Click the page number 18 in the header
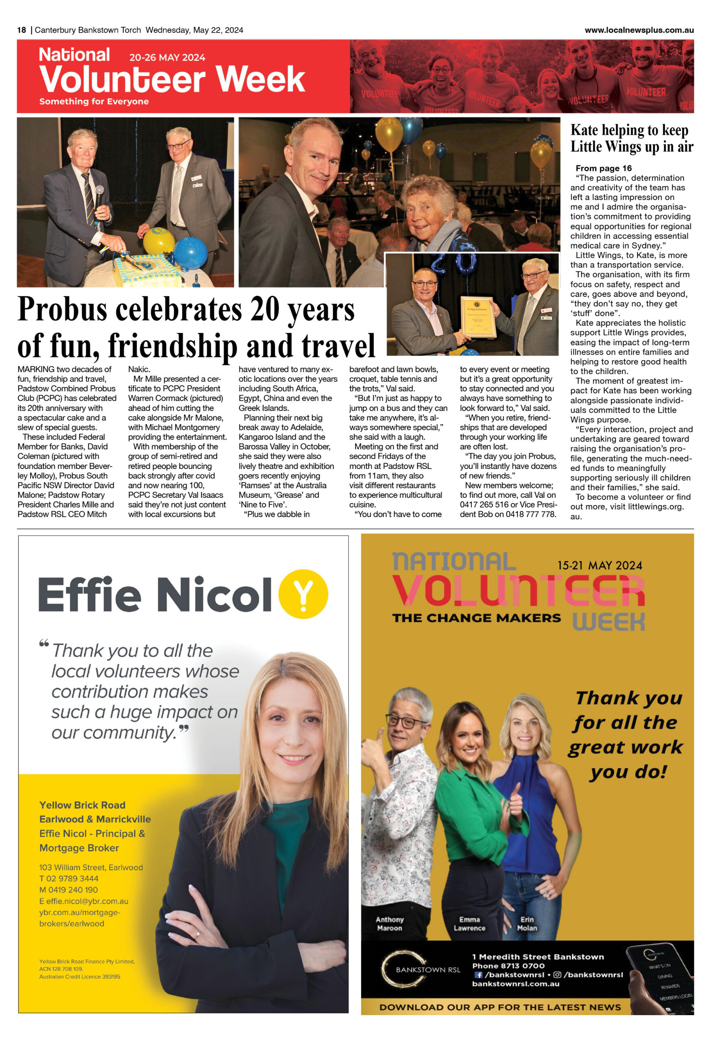tap(22, 30)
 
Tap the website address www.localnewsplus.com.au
tap(639, 30)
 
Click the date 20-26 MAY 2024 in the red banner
tap(167, 57)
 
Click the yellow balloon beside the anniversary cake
tap(158, 241)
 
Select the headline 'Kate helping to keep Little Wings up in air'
tap(631, 138)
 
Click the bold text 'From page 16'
tap(603, 168)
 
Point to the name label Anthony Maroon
tap(389, 924)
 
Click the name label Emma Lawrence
tap(469, 924)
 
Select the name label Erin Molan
tap(527, 924)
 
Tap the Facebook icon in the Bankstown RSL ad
tap(478, 974)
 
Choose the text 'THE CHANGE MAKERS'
tap(476, 618)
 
